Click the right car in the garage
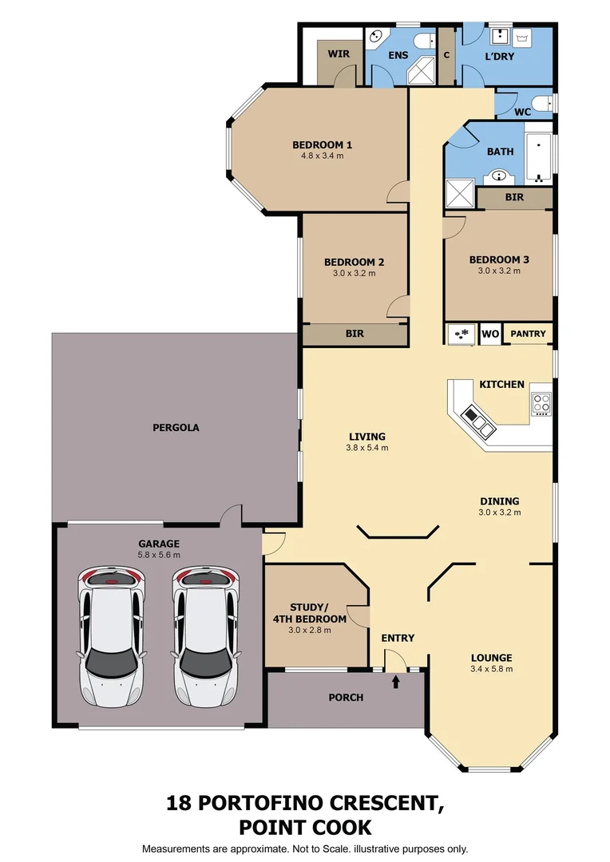206,636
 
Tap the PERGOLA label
176,428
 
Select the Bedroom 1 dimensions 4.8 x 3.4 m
322,156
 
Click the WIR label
339,54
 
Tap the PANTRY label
528,334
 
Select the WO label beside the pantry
490,334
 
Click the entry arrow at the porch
396,681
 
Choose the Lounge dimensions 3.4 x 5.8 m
491,669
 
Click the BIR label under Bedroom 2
355,334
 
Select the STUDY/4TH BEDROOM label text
319,613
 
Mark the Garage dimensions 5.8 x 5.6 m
159,555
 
